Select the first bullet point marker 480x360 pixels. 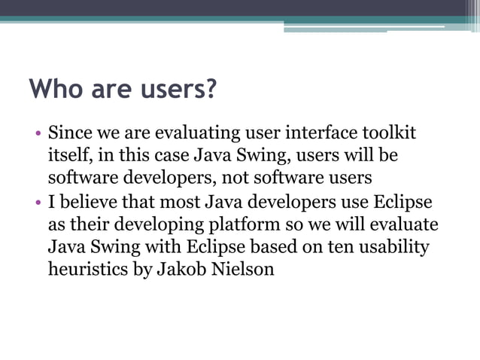(37, 137)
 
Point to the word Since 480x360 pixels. (68, 135)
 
